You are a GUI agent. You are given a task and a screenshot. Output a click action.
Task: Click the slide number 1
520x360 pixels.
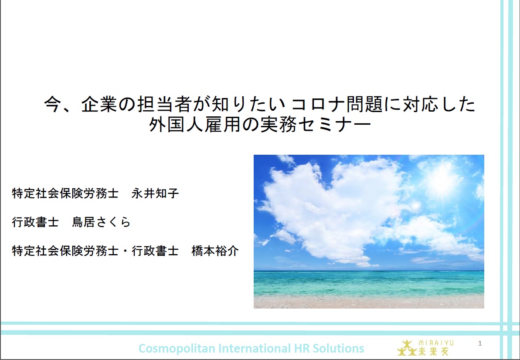[480, 343]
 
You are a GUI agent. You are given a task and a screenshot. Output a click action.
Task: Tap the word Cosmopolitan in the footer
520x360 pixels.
[177, 349]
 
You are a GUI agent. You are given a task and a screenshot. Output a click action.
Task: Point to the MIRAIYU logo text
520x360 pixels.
[436, 343]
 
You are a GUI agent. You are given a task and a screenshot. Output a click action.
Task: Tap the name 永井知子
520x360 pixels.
[155, 193]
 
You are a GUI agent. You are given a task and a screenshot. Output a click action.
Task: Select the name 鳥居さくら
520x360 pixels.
[101, 222]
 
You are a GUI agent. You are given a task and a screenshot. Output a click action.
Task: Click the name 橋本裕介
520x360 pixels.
[215, 251]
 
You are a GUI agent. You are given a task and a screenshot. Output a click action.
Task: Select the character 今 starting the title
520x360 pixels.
[53, 105]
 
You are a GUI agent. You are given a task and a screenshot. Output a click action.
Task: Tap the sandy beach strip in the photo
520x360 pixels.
[369, 302]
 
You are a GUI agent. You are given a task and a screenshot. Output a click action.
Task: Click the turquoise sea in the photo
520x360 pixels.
[369, 282]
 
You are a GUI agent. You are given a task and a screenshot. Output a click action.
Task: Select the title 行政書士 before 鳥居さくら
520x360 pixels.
[35, 222]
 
